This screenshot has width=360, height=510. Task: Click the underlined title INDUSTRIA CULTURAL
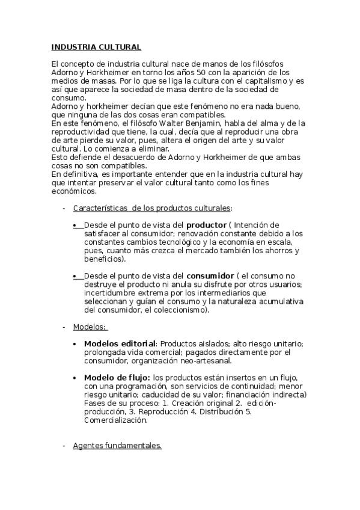pyautogui.click(x=96, y=47)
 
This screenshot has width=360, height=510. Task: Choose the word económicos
pyautogui.click(x=73, y=192)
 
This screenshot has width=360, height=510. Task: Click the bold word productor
pyautogui.click(x=206, y=225)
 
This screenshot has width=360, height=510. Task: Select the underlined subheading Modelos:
pyautogui.click(x=90, y=327)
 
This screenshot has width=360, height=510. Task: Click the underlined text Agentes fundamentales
pyautogui.click(x=117, y=446)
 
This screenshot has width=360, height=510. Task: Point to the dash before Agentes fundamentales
pyautogui.click(x=64, y=446)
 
